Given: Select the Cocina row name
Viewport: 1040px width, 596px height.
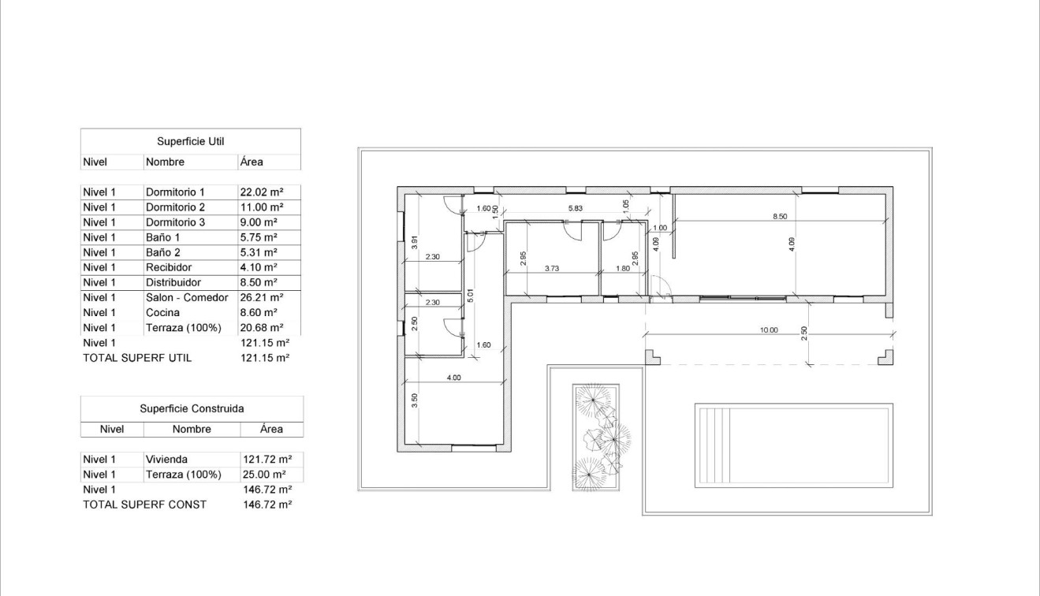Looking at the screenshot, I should point(162,313).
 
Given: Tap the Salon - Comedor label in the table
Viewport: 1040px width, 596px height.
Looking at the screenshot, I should point(187,298).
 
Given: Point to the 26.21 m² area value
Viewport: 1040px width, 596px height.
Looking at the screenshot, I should point(260,298).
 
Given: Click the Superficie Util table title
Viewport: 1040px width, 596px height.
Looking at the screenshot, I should point(190,142).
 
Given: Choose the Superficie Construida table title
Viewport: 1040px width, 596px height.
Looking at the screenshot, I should point(192,409).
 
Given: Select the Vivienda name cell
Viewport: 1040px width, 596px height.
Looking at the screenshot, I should point(166,460).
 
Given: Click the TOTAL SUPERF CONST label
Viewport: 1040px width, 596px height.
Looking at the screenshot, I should point(144,505).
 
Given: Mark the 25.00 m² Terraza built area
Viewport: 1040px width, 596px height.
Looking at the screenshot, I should point(263,475).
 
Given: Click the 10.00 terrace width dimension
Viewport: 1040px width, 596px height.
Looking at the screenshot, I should point(768,330).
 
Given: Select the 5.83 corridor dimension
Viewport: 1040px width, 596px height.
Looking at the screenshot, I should point(576,208).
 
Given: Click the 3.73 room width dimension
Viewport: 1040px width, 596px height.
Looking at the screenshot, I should point(552,269).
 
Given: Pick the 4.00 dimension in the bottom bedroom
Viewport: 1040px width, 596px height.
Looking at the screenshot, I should point(453,378).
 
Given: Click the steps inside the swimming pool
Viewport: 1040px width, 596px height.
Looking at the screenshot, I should point(713,446).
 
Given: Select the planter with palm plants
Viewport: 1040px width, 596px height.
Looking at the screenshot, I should point(596,438).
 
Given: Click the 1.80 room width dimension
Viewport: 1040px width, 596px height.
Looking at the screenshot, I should point(622,269).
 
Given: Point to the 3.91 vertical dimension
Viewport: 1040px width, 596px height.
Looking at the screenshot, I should point(414,243).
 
